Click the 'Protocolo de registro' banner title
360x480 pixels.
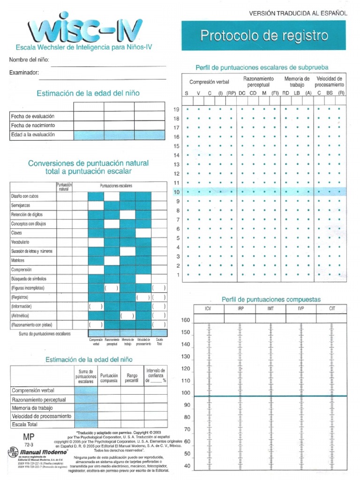coord(264,35)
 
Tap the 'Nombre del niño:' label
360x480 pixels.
coord(29,60)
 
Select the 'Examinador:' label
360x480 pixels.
coord(23,73)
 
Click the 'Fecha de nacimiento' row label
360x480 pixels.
coord(33,126)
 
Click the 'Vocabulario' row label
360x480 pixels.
coord(20,242)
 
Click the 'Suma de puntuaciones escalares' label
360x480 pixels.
coord(45,334)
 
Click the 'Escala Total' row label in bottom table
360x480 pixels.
coord(24,425)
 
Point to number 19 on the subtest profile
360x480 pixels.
coord(177,109)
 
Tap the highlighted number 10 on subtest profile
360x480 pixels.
coord(177,192)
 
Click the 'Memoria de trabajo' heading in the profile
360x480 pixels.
coord(297,82)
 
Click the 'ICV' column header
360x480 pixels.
coord(209,309)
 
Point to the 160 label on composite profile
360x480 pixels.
coord(186,321)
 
